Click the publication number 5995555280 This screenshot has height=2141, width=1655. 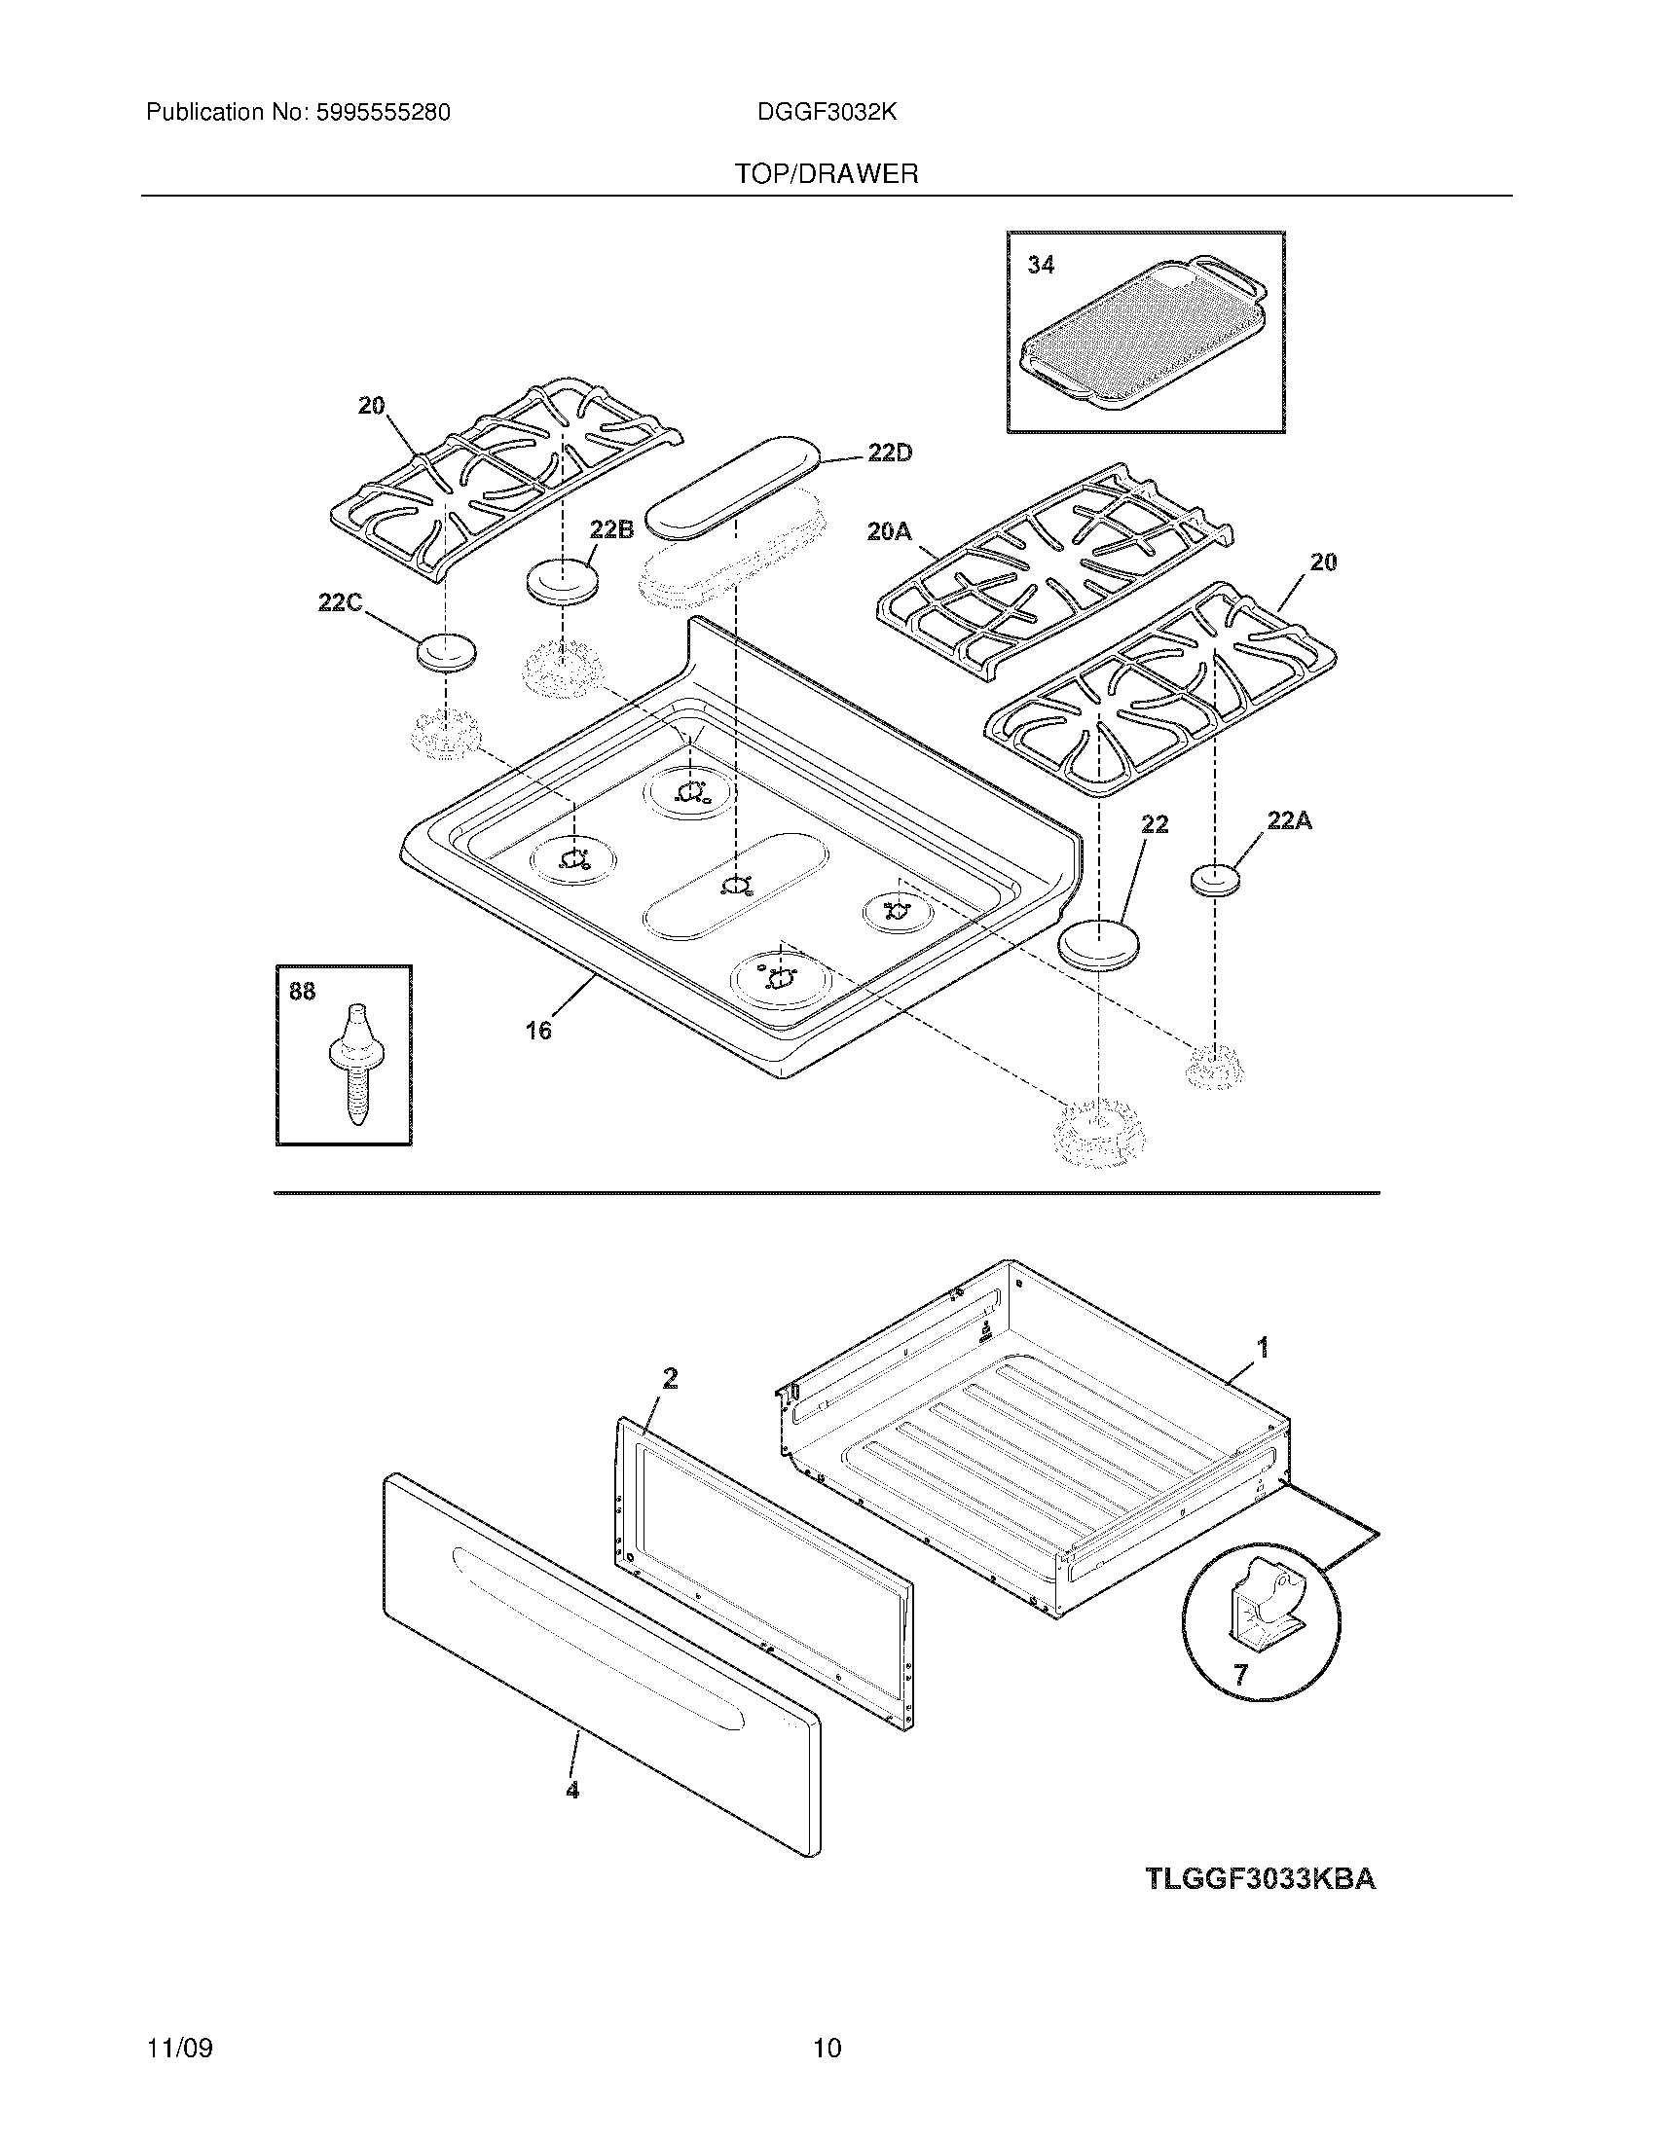click(382, 113)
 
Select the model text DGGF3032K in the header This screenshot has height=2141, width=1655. click(827, 113)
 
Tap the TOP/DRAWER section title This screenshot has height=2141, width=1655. click(827, 174)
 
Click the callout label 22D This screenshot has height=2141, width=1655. click(889, 453)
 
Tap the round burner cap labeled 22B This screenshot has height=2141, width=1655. click(563, 580)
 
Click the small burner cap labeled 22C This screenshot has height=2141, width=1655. click(446, 652)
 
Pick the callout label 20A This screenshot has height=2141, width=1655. click(889, 532)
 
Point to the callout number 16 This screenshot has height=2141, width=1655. click(538, 1031)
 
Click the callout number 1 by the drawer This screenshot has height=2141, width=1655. click(1264, 1348)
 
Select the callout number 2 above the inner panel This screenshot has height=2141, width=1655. click(670, 1378)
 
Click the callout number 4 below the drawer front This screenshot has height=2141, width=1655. click(572, 1790)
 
